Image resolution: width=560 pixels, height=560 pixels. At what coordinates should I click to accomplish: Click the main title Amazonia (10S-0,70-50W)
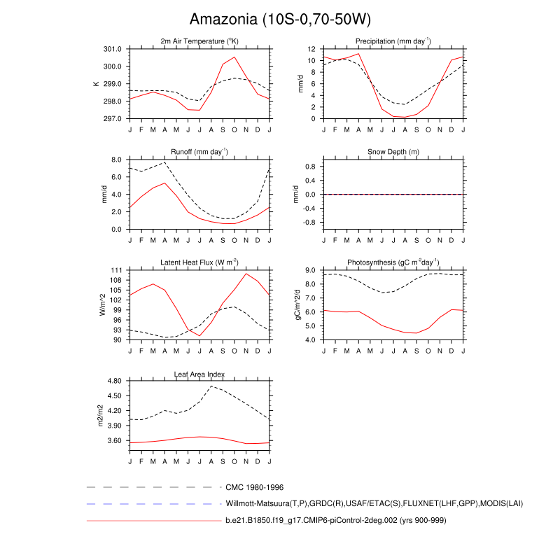pos(281,19)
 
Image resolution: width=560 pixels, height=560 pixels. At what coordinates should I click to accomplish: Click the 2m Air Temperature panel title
pos(199,42)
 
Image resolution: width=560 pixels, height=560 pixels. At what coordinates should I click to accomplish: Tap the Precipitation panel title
pos(393,42)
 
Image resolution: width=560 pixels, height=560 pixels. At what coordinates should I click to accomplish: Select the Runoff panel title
pos(199,152)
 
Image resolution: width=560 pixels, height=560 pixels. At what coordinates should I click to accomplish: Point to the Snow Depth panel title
pos(393,152)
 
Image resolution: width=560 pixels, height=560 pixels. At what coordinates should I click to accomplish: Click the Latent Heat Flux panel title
pos(199,262)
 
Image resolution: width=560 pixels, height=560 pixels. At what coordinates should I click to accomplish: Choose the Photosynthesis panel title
pos(393,262)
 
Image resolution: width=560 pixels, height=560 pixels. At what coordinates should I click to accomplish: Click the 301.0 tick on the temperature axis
pos(113,49)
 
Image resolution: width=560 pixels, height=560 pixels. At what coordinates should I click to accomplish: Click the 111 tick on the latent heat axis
pos(116,270)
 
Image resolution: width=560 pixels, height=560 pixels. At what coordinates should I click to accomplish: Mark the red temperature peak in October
pos(234,57)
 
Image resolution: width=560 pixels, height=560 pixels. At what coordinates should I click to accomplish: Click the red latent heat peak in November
pos(246,274)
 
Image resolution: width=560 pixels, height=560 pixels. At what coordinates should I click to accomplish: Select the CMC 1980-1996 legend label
pos(254,486)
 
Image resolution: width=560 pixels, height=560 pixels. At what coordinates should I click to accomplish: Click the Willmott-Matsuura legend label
pos(374,504)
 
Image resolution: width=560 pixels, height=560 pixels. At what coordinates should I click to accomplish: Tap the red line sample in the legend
pos(153,521)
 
